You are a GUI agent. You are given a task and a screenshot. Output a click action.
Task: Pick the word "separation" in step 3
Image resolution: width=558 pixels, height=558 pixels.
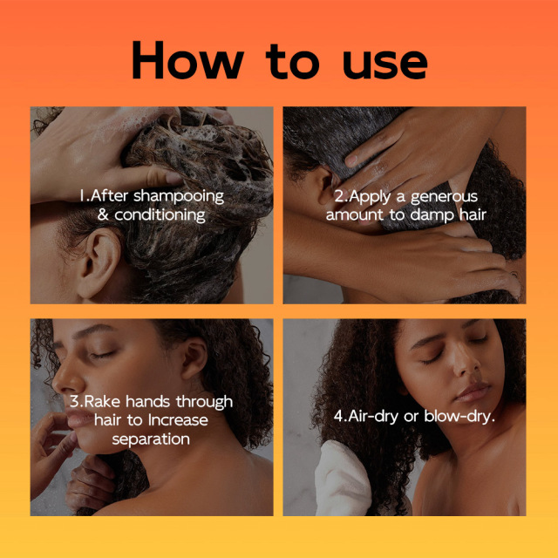[151, 439]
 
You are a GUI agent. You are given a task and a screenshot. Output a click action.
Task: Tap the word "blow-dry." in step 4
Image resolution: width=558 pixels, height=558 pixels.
[459, 417]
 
